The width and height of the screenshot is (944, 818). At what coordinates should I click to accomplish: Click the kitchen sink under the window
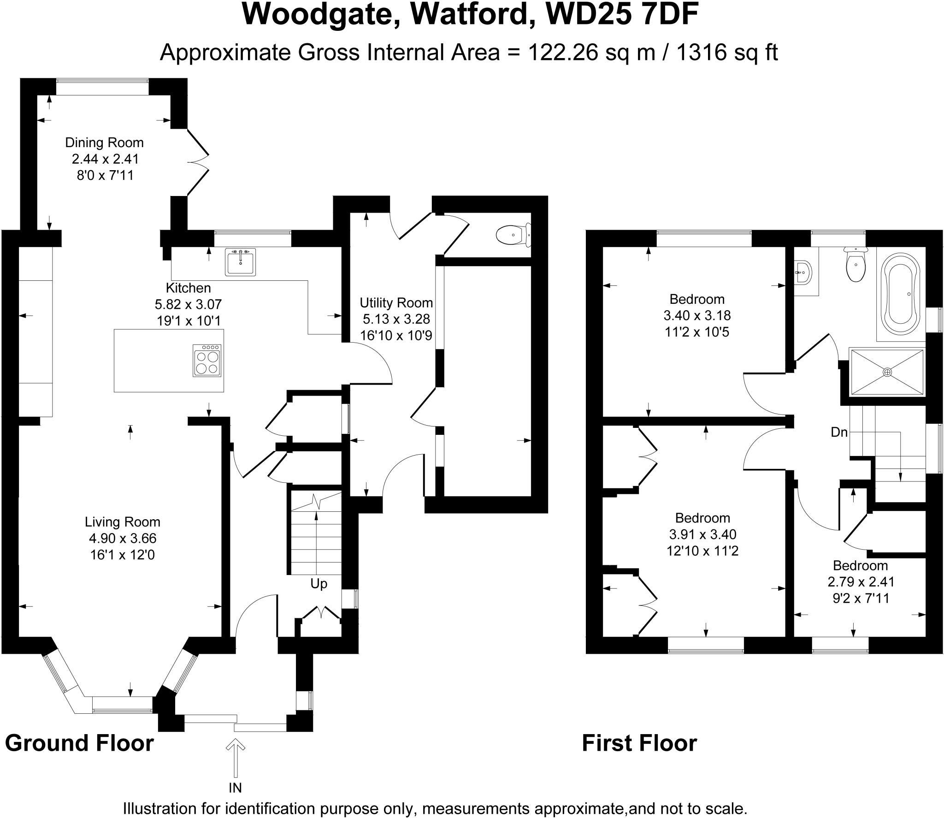240,262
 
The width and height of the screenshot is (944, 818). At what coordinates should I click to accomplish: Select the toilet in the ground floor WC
513,235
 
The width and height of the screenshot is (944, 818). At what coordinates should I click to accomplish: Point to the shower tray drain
887,372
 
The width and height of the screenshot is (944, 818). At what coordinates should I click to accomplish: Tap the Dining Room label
104,142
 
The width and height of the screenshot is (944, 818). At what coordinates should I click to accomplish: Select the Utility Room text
396,303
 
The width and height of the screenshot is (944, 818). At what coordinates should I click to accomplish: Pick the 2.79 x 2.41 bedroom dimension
861,582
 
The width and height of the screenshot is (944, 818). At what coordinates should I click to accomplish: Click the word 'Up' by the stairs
319,584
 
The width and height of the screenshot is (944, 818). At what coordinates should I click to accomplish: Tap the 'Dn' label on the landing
839,433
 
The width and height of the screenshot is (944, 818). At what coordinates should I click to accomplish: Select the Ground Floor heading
79,743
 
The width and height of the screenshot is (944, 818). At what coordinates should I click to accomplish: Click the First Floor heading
639,743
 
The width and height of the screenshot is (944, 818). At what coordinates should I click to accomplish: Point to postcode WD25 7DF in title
622,15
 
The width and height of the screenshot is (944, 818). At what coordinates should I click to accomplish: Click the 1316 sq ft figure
727,53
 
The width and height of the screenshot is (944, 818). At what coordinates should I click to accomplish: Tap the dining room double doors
198,162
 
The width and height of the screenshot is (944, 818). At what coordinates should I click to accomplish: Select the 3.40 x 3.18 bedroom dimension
696,315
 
